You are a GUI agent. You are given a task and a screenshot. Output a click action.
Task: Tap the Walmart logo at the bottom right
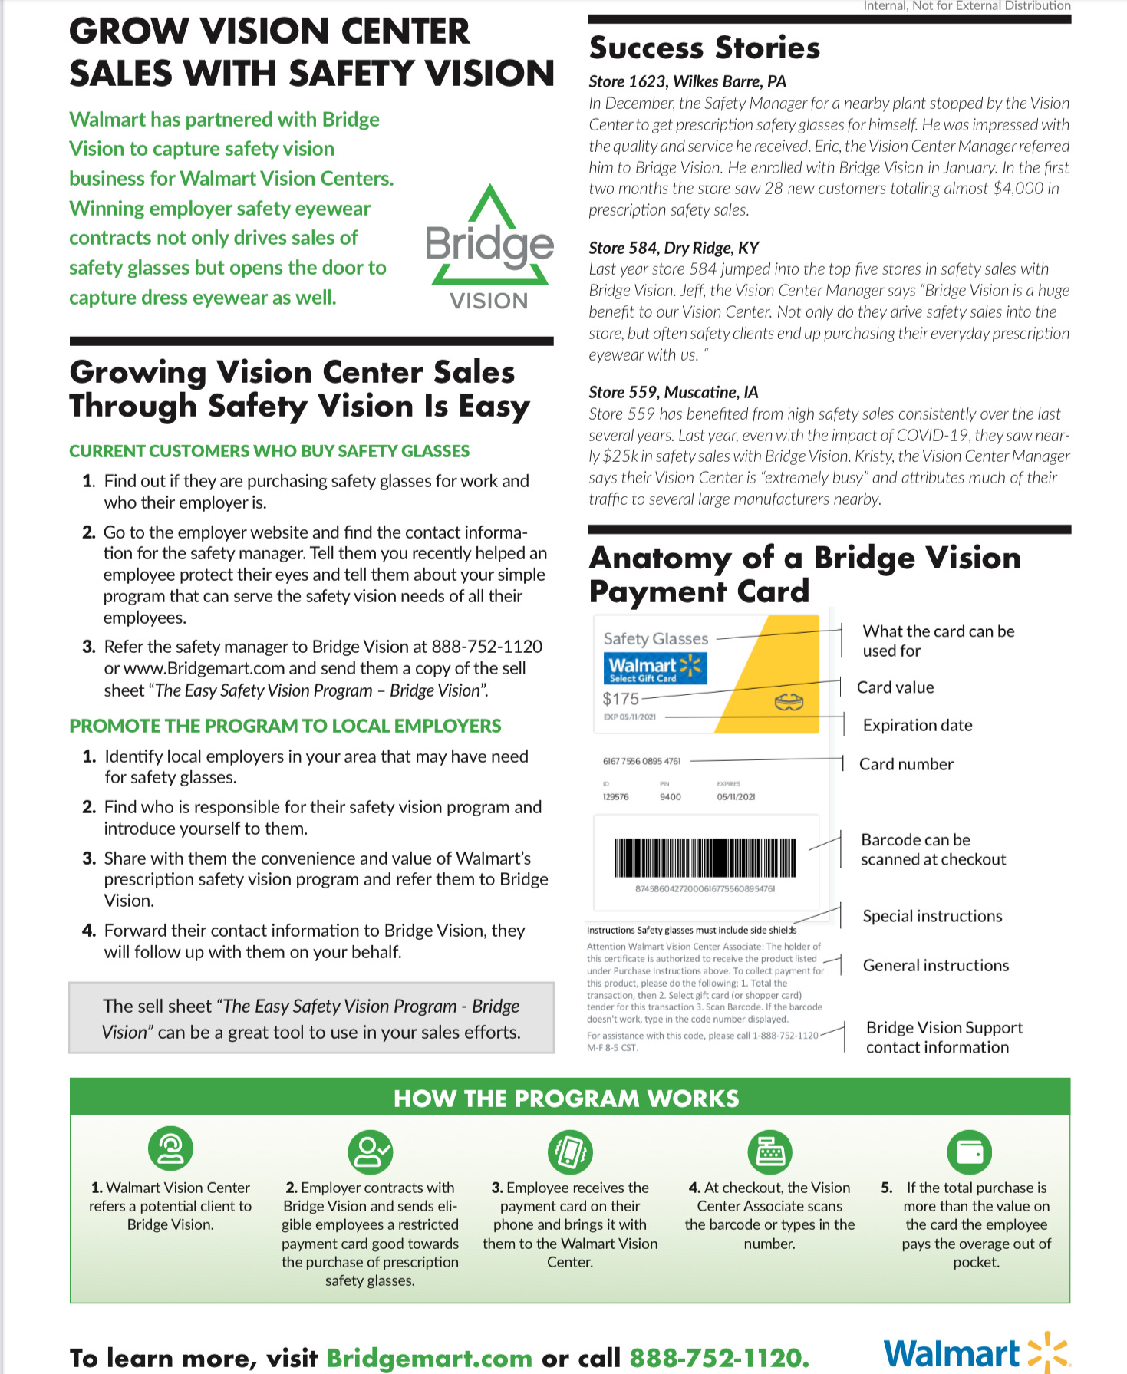click(976, 1354)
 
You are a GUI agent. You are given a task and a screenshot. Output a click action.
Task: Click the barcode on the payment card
click(704, 858)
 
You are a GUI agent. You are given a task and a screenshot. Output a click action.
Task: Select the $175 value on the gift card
click(621, 699)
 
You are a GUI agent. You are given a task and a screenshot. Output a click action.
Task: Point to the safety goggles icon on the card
click(789, 701)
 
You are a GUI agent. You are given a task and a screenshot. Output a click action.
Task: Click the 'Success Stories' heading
click(704, 48)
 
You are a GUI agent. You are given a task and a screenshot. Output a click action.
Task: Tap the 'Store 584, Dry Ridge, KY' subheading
click(674, 248)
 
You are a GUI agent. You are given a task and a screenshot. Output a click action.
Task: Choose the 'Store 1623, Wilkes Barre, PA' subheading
click(687, 82)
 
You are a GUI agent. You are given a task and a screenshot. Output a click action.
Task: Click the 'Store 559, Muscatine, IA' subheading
click(673, 392)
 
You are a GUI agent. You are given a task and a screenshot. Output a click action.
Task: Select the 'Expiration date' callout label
click(917, 725)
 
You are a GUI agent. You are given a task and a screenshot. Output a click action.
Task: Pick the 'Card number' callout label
click(906, 764)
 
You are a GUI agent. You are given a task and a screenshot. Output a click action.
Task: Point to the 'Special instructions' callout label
click(932, 916)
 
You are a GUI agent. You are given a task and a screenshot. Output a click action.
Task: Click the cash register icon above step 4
click(769, 1151)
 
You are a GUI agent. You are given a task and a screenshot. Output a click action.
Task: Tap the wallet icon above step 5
click(970, 1151)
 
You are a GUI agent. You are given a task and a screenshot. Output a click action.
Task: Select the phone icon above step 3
click(570, 1151)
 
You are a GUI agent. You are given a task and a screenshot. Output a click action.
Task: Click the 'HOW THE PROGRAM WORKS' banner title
click(566, 1099)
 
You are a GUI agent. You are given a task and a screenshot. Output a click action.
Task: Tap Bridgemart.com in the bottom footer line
click(429, 1358)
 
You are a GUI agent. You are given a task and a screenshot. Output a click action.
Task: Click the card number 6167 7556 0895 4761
click(641, 761)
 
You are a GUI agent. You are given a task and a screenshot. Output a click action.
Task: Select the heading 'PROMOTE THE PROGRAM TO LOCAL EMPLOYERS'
click(285, 726)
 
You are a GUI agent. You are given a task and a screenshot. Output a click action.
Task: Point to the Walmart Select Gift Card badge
click(654, 668)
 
